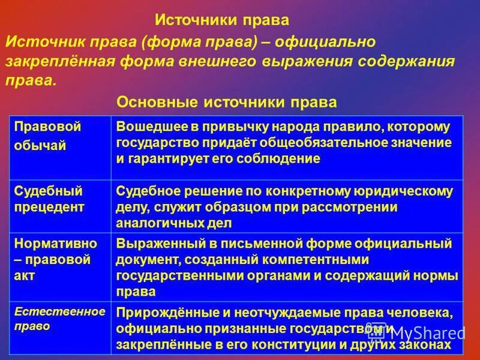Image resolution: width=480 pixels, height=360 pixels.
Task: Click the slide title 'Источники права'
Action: (x=222, y=20)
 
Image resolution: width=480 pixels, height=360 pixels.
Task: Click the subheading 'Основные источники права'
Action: (x=226, y=102)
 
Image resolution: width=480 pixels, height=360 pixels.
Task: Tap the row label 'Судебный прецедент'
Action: (x=49, y=199)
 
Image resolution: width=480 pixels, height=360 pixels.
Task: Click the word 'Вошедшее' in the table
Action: (x=142, y=127)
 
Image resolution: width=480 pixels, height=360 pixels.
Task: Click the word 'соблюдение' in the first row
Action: (x=286, y=159)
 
